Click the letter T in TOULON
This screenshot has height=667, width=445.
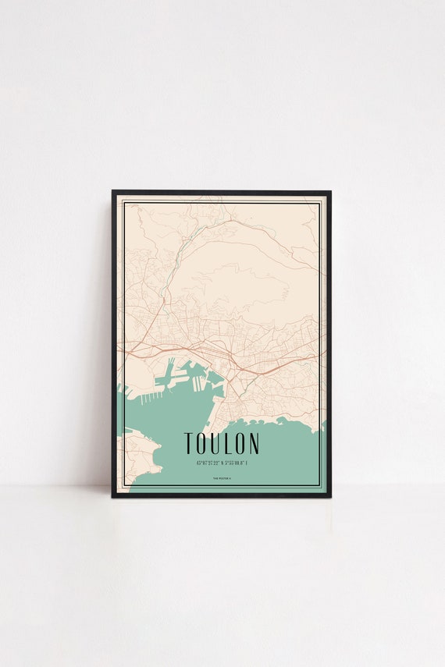coord(188,444)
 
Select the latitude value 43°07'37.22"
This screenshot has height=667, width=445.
coord(205,463)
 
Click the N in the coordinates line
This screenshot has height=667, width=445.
coord(223,463)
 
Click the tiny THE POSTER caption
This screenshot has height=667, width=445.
coord(222,479)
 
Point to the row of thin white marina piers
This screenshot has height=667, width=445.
coord(148,396)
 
